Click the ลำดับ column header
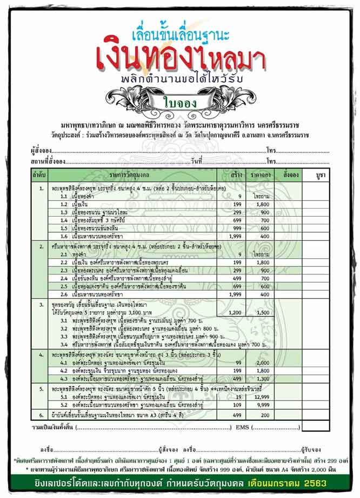point(39,176)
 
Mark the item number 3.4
point(64,344)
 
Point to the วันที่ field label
point(196,161)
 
